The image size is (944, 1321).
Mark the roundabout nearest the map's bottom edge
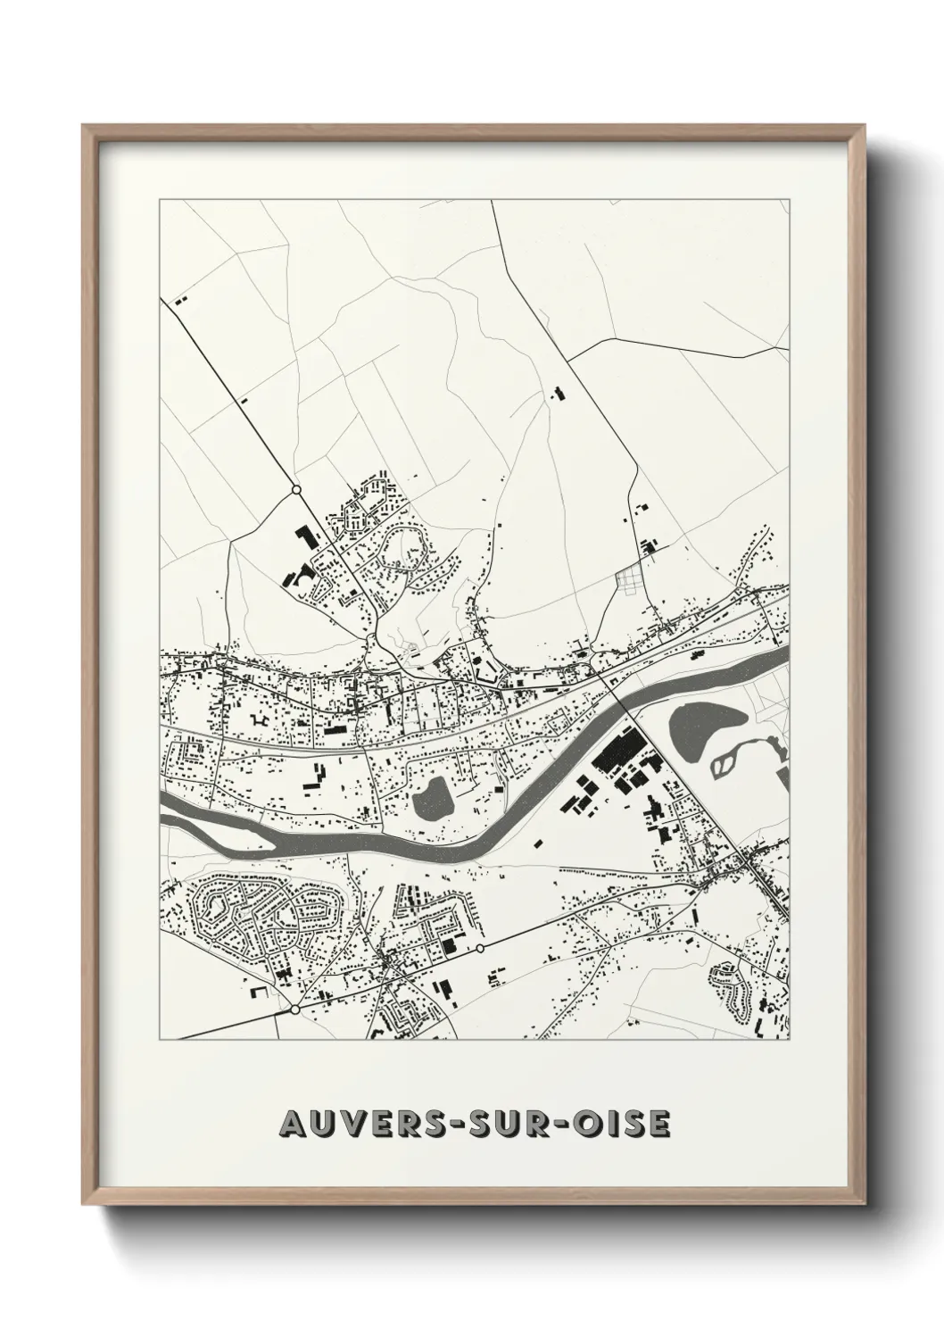coord(294,1009)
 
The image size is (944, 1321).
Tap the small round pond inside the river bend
coord(433,797)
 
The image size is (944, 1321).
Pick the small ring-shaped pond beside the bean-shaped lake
coord(729,760)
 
